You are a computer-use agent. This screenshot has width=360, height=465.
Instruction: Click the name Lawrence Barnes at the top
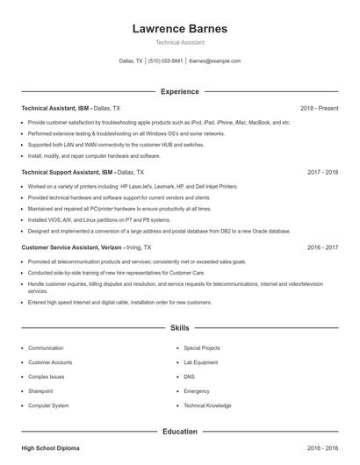coord(179,29)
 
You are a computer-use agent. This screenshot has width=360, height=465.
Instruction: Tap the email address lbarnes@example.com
coord(214,61)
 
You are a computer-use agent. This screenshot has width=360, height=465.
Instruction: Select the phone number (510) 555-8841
coord(166,61)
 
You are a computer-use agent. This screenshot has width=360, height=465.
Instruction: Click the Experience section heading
coord(179,91)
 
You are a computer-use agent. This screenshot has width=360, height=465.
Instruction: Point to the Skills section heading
coord(179,328)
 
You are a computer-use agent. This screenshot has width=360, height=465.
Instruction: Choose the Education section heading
coord(179,432)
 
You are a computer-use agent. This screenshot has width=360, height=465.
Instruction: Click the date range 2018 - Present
coord(319,108)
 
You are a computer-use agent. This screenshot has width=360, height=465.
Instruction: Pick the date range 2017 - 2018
coord(322,173)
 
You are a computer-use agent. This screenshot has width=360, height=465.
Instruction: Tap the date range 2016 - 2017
coord(322,247)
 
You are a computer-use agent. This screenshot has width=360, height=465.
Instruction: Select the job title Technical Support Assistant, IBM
coord(68,173)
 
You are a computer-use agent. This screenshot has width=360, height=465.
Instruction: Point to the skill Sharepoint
coord(40,391)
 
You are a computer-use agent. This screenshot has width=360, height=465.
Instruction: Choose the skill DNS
coord(189,376)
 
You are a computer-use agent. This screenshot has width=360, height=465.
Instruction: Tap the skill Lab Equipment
coord(200,362)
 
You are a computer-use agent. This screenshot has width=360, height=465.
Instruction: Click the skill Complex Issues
coord(47,376)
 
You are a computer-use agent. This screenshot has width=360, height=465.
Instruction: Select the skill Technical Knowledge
coord(207,405)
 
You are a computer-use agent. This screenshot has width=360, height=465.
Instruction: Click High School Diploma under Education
coord(50,448)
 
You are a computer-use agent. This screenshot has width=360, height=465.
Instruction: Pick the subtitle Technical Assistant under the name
coord(179,43)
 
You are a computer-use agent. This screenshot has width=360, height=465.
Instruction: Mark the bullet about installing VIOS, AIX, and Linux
coord(98,220)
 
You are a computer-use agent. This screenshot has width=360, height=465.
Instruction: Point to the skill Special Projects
coord(202,348)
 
